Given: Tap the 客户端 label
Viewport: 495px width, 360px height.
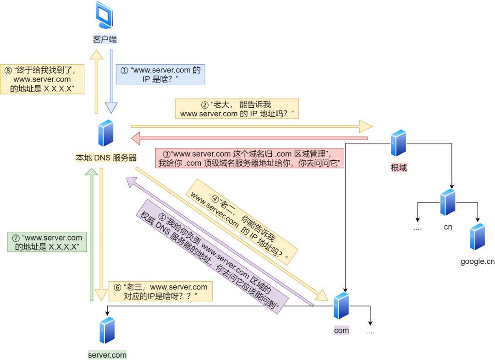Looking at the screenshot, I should coord(105,40).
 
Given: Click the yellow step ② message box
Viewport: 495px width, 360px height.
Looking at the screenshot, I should coord(236,109).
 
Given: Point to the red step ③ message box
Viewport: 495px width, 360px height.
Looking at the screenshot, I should coord(249,158).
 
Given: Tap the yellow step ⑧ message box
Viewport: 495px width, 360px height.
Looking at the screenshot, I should coord(42,79).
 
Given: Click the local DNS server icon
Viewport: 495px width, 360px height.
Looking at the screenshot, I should coord(105,133).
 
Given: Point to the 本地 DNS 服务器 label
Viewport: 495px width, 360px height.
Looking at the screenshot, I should coord(106,158).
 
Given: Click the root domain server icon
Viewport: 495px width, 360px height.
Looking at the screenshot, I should coord(398,143).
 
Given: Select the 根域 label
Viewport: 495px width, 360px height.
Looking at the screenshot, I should coord(399,168).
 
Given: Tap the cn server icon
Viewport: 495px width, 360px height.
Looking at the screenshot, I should coord(448,202).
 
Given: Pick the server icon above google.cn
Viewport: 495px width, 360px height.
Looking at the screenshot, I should coord(477,237).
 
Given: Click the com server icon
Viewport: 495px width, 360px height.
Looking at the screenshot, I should coord(341,306).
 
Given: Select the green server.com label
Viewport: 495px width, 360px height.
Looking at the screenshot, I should coord(107,355).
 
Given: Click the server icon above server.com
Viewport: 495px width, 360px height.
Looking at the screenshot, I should coord(107,330).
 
